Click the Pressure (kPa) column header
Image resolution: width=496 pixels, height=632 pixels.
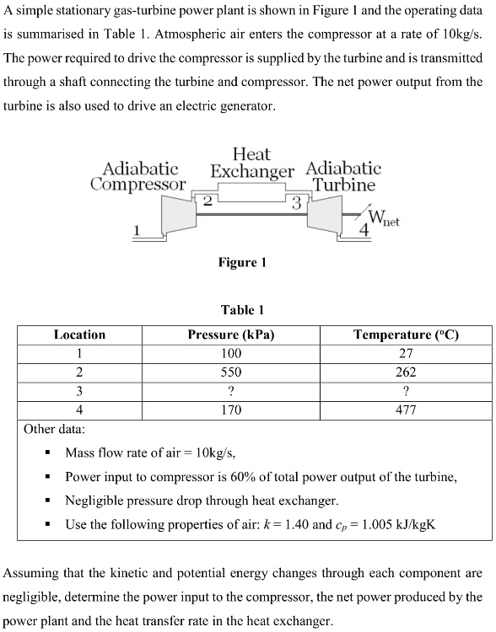coord(230,335)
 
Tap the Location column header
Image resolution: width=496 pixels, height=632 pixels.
coord(79,335)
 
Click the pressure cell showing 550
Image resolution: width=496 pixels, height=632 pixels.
coord(230,372)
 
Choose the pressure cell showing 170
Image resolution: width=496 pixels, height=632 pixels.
coord(230,410)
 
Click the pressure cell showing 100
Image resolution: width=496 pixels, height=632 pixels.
coord(230,353)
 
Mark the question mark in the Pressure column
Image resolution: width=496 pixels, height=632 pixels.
coord(230,391)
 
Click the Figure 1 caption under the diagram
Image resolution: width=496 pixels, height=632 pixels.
coord(242,262)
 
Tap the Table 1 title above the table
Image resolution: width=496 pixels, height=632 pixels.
coord(242,309)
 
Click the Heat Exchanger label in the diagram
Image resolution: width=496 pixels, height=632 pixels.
coord(251,163)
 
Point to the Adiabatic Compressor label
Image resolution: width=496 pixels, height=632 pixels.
coord(139,176)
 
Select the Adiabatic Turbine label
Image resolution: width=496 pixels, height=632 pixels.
coord(344,176)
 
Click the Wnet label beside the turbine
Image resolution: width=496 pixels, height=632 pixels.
coord(384,221)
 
